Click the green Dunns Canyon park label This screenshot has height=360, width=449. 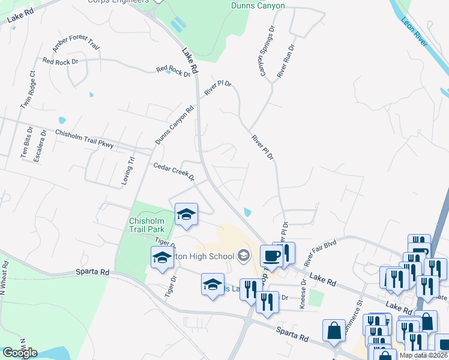(258, 5)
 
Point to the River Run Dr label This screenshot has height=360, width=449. (286, 61)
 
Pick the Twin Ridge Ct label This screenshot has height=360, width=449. (28, 90)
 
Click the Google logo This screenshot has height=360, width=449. (19, 353)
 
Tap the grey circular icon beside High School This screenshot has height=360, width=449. (243, 256)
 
